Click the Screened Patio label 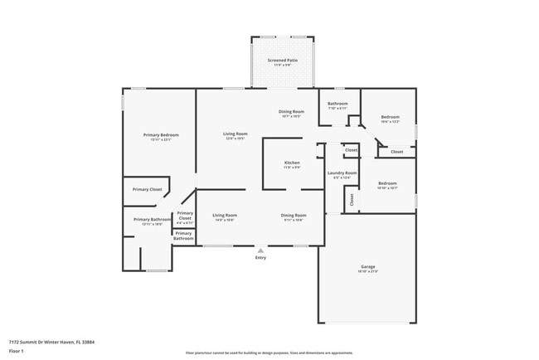pyautogui.click(x=283, y=61)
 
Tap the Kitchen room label pyautogui.click(x=292, y=163)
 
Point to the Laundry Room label pyautogui.click(x=342, y=173)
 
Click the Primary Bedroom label pyautogui.click(x=161, y=135)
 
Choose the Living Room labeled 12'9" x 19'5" pyautogui.click(x=236, y=134)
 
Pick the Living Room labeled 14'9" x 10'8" pyautogui.click(x=224, y=215)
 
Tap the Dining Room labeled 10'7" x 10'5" pyautogui.click(x=291, y=111)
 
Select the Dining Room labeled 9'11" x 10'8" pyautogui.click(x=294, y=215)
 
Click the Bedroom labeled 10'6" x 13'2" pyautogui.click(x=391, y=118)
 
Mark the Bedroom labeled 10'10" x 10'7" pyautogui.click(x=387, y=183)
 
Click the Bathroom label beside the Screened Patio pyautogui.click(x=337, y=104)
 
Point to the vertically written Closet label pyautogui.click(x=352, y=199)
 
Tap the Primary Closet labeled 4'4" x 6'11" pyautogui.click(x=185, y=217)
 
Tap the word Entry pyautogui.click(x=261, y=257)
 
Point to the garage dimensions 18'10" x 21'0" pyautogui.click(x=367, y=272)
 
